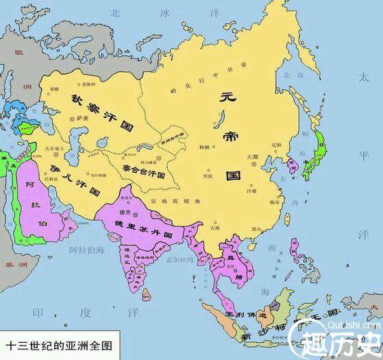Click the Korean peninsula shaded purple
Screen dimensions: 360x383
291,165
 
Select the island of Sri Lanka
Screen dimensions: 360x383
146,293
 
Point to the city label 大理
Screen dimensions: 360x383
213,228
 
